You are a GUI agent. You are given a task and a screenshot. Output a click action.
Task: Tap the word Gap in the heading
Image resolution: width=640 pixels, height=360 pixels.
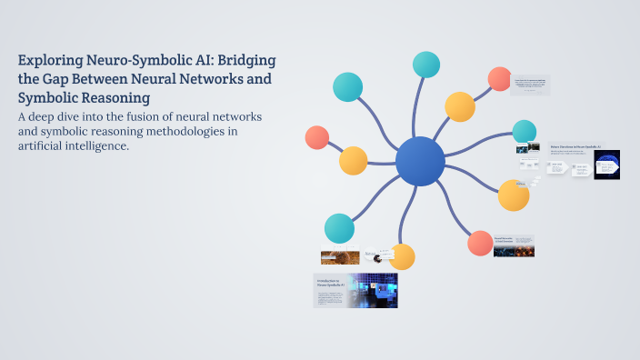click(x=57, y=79)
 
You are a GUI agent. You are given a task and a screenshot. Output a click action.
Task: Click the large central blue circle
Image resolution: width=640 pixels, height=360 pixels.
click(x=420, y=162)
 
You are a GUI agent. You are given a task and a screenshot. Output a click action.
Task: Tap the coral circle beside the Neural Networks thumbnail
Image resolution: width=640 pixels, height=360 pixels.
click(x=479, y=243)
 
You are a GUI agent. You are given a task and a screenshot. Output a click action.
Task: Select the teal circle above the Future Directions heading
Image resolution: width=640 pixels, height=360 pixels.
click(x=525, y=132)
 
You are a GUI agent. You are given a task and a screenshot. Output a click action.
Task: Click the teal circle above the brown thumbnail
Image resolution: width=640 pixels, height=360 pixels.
click(x=339, y=228)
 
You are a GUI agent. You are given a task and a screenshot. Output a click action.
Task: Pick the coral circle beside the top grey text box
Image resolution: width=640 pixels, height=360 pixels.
click(x=499, y=79)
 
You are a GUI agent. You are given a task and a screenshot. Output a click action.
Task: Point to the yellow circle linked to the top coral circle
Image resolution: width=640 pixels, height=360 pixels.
click(x=460, y=106)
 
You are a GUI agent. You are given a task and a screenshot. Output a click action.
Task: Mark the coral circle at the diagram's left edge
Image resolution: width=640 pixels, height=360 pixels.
click(x=317, y=137)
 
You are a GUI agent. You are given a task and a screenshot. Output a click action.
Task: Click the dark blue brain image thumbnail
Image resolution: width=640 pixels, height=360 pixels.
click(x=606, y=164)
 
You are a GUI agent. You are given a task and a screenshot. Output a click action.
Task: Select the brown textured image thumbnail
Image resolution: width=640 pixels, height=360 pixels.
click(x=334, y=256)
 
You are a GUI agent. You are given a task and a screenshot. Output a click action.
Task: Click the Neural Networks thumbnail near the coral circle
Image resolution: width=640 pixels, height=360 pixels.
click(x=514, y=245)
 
